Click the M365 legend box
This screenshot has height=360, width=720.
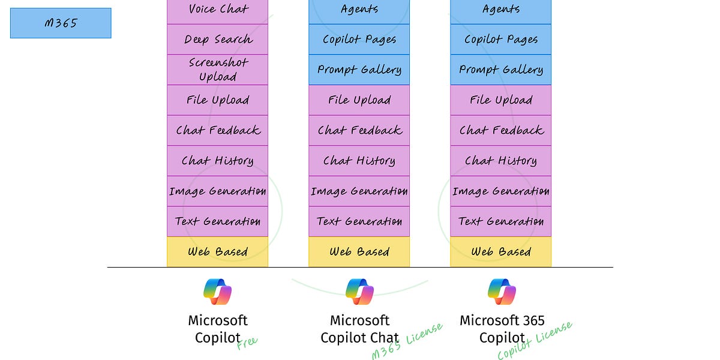click(61, 23)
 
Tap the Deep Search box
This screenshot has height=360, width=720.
click(217, 40)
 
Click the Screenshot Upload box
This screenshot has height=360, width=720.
click(217, 70)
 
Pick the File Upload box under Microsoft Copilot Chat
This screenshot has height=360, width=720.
click(359, 100)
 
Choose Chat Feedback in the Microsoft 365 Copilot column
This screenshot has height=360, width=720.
click(500, 130)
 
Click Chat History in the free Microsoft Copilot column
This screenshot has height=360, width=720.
click(217, 161)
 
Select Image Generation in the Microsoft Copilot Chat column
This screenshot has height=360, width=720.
click(359, 191)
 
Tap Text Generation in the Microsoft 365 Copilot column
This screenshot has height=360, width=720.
click(500, 221)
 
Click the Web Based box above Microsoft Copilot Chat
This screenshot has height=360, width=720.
click(359, 252)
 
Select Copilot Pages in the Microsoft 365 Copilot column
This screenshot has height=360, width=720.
click(500, 40)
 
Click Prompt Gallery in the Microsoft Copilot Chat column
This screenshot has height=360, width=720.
click(359, 70)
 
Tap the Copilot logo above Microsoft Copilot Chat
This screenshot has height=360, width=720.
click(359, 292)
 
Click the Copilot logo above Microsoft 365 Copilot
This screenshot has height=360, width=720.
click(502, 292)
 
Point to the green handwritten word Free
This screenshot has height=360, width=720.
click(247, 343)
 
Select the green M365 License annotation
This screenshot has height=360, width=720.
click(407, 341)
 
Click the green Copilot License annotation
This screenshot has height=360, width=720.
click(535, 341)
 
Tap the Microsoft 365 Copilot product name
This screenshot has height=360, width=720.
click(502, 329)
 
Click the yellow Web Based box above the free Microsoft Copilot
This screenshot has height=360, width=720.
click(217, 252)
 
